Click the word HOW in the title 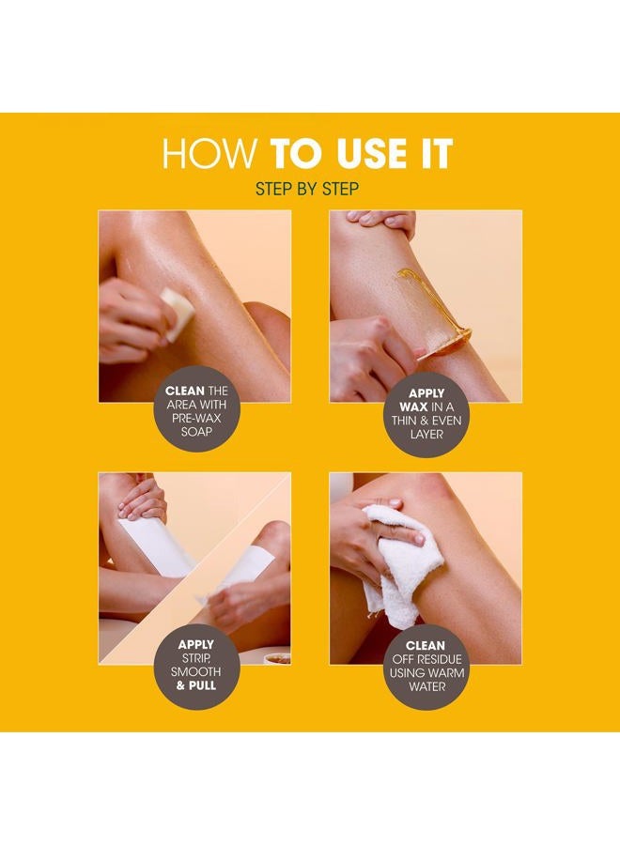pos(209,154)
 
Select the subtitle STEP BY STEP pos(307,189)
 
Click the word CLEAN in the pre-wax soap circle pos(184,391)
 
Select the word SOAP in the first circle pos(196,432)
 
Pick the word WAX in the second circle pos(413,407)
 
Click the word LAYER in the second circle pos(426,435)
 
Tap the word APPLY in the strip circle pos(195,644)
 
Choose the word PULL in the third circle pos(202,686)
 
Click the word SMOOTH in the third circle pos(195,672)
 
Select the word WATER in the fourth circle pos(427,686)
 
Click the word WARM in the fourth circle pos(447,672)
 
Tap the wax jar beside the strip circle pos(277,658)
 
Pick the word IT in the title pos(436,154)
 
